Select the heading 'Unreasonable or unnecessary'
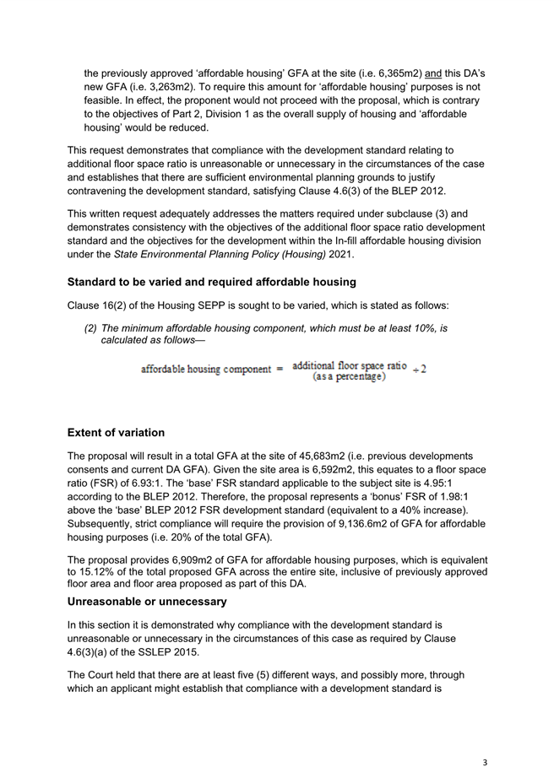[147, 602]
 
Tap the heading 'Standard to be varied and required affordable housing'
[211, 282]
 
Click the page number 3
[485, 763]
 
